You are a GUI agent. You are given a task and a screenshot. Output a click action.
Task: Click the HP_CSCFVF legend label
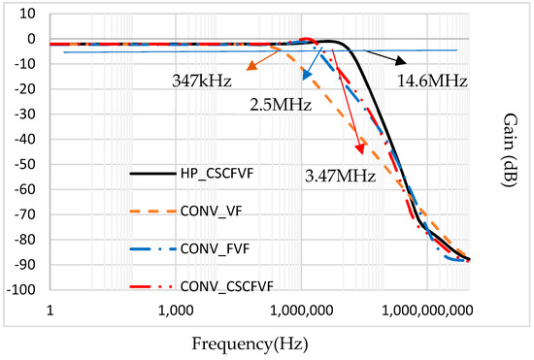223,176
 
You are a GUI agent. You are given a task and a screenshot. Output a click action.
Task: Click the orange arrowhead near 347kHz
251,66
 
